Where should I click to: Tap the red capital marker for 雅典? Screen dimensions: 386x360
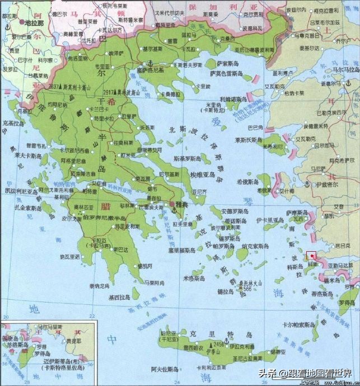(171, 205)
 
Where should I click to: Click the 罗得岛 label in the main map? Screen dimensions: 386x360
(347, 303)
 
